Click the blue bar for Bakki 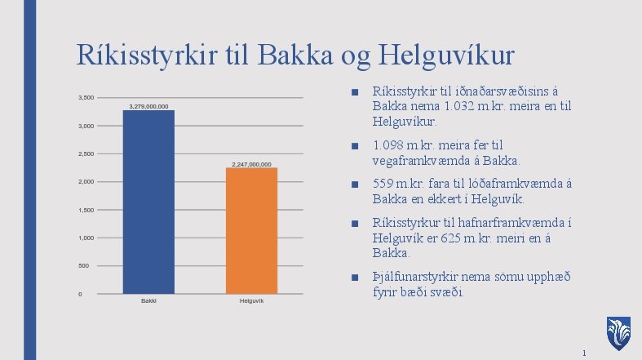[x=148, y=202]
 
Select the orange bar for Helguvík [x=251, y=230]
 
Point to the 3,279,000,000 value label [x=148, y=106]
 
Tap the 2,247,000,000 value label [x=251, y=164]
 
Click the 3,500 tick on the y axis [x=85, y=98]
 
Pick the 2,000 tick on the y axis [x=85, y=182]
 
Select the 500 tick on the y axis [x=82, y=266]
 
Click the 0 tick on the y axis [x=79, y=294]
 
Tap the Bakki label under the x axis [x=148, y=301]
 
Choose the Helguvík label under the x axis [x=251, y=301]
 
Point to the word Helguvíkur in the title [x=445, y=56]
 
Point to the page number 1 [x=584, y=353]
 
